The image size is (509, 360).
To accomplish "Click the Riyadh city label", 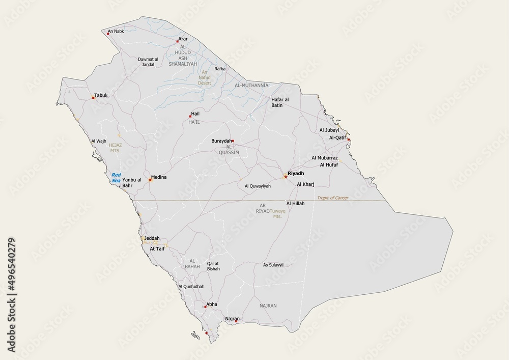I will [296, 174].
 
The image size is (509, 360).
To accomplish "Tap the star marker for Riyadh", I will [286, 177].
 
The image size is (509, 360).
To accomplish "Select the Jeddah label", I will [152, 238].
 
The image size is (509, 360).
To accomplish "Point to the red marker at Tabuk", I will [93, 98].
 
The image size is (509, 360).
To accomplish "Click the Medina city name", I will [159, 177].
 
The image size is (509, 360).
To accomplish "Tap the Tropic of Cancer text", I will [332, 198].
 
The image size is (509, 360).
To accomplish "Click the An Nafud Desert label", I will [204, 77].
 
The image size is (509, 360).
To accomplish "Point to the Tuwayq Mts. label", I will [277, 213].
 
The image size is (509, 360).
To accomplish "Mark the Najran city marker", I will [236, 321].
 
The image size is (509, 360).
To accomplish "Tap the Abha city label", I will [212, 304].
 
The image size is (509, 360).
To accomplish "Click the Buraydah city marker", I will [233, 141].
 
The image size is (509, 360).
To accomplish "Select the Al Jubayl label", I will [329, 130].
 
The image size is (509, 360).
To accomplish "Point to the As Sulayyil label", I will [273, 265].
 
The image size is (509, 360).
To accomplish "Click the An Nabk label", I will [116, 31].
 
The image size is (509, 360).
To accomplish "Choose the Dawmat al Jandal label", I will [148, 62].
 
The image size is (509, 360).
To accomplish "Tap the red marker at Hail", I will [190, 117].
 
